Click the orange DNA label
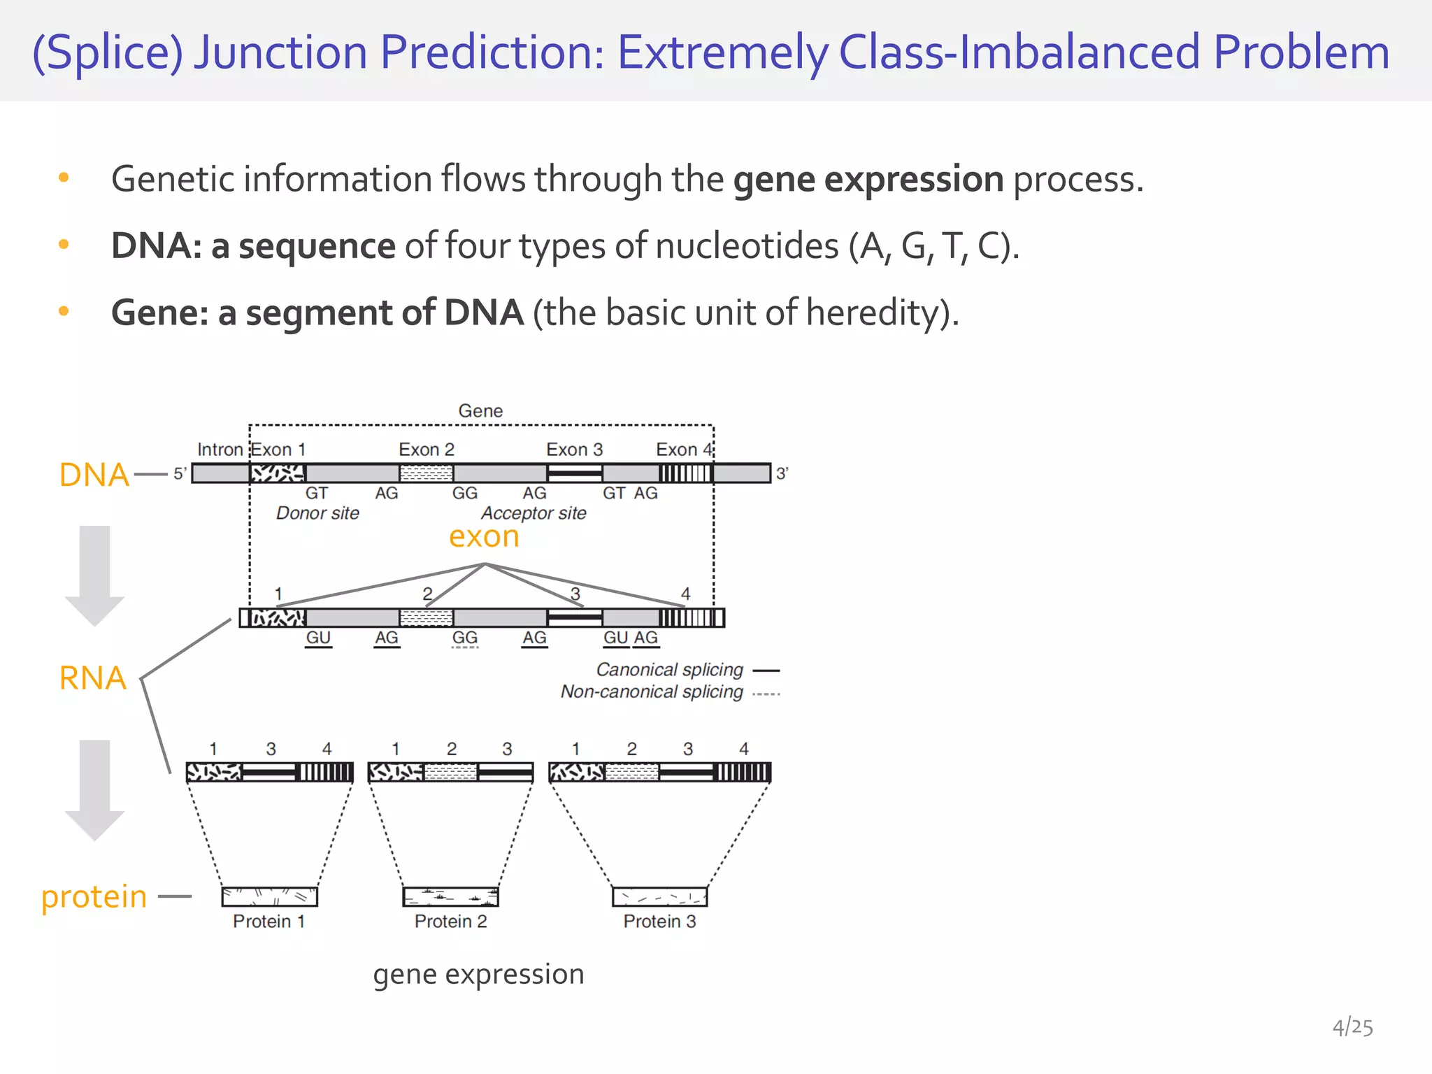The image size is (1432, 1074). point(94,475)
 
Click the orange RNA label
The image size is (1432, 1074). point(93,678)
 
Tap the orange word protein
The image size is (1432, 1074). point(94,896)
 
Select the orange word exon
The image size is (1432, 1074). point(484,536)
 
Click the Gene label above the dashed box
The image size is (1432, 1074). point(480,410)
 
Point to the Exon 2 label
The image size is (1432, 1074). point(427,449)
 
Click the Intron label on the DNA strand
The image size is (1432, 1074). point(220,449)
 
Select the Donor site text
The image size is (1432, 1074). point(317,513)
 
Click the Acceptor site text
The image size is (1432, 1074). point(534,513)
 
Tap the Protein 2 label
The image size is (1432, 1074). point(450,921)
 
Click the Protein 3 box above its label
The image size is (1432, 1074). point(659,896)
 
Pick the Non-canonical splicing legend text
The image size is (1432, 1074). point(652,692)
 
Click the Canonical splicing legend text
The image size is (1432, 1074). point(669,670)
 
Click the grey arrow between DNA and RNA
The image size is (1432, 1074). point(94,573)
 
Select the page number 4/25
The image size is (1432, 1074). point(1352,1027)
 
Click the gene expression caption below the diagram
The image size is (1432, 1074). point(478,974)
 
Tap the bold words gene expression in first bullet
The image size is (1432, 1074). point(868,179)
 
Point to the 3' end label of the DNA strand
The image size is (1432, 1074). point(782,473)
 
